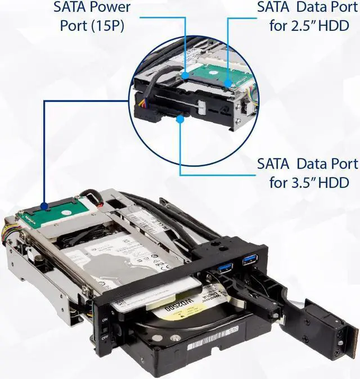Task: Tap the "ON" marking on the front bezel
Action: tap(103, 319)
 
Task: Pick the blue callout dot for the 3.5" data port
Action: tap(180, 118)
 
